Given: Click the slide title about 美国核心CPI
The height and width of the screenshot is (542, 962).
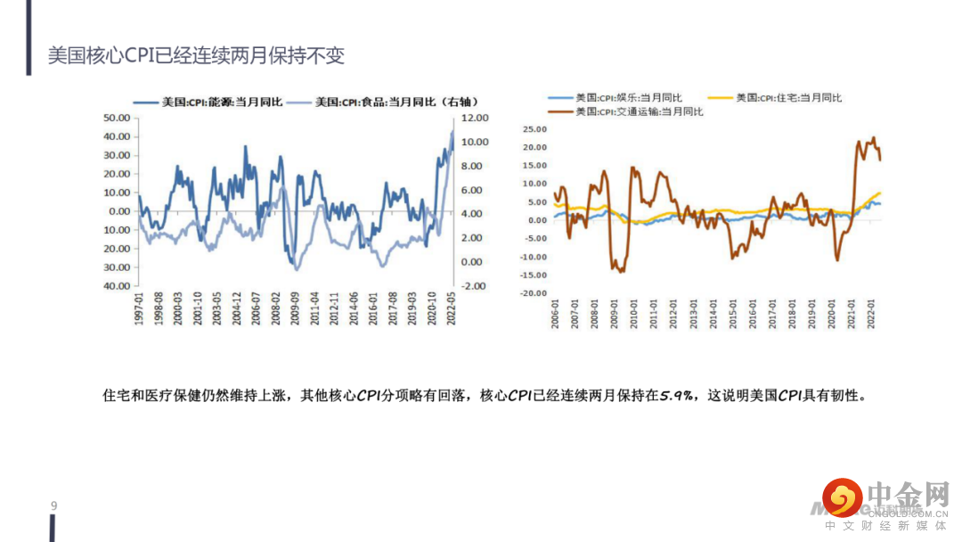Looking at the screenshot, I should coord(196,55).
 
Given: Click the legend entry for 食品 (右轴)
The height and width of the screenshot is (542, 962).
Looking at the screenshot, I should coord(375,103).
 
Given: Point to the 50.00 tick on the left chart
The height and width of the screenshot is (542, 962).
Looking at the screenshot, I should coord(118,118).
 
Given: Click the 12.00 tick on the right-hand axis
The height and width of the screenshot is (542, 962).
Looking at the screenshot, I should coord(476,118).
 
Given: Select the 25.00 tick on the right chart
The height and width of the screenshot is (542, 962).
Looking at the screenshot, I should coord(534,128).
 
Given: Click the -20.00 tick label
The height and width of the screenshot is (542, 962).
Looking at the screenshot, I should coord(533,293).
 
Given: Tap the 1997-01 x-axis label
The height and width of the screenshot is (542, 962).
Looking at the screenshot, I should coord(139,312).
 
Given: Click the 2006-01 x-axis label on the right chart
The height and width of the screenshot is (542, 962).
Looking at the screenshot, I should coord(554,317).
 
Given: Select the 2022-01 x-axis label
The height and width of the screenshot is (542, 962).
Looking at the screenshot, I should coord(873,317).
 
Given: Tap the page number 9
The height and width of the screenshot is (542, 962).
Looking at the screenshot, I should coord(54,506).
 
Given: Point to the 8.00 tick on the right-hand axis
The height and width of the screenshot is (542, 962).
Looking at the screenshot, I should coord(476,166).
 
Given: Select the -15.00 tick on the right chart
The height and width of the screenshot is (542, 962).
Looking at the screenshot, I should coord(533,275).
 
